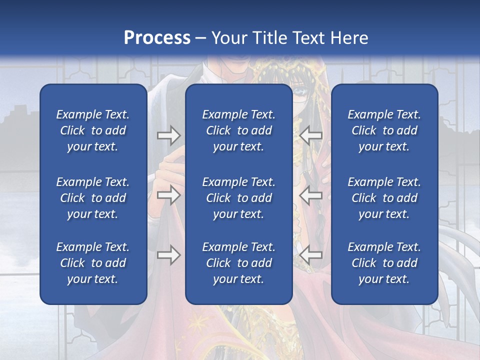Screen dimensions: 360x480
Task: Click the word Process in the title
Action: coord(157,38)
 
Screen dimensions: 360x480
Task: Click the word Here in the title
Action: coord(349,38)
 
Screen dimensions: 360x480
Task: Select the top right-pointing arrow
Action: coord(168,134)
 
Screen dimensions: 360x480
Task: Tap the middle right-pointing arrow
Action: coord(168,195)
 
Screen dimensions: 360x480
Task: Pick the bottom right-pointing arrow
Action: coord(168,255)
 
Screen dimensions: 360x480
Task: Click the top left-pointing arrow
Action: coord(311,134)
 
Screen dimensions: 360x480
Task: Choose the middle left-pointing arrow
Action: coord(311,195)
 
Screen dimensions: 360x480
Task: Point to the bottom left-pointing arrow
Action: coord(311,255)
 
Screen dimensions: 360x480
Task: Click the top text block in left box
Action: coord(93,130)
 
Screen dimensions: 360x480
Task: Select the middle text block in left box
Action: coord(93,198)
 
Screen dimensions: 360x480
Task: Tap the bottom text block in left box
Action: coord(93,263)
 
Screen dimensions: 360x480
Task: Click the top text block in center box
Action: coord(238,130)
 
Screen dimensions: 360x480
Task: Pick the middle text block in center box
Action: coord(238,198)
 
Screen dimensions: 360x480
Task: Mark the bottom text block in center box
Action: coord(238,263)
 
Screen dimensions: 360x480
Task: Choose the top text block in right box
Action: coord(384,130)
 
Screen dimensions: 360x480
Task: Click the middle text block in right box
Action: coord(384,198)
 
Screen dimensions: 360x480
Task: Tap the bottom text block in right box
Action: coord(384,263)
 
